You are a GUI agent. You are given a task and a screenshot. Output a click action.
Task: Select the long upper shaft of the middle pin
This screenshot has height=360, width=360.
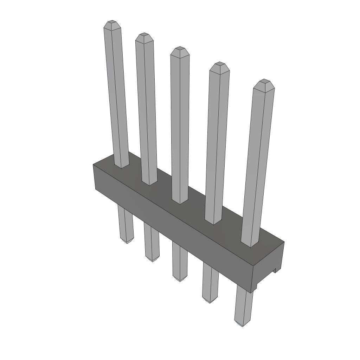[x=180, y=127]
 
